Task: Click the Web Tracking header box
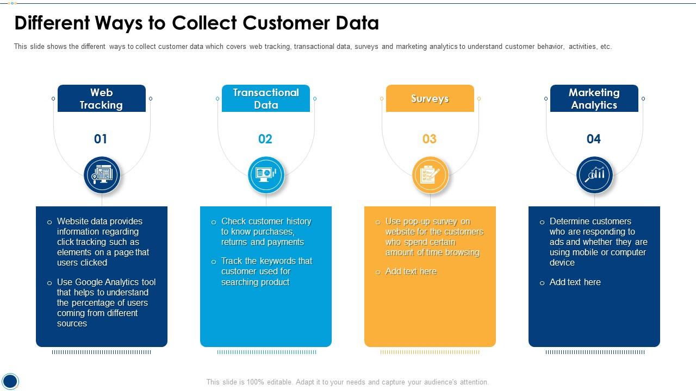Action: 102,98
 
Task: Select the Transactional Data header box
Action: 266,98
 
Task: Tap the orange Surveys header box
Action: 430,98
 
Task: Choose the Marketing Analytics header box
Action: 594,98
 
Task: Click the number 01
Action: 101,139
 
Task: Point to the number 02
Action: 265,139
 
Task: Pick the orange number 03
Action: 430,139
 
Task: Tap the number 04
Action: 593,139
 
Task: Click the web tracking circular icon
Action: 102,175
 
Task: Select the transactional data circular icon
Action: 266,175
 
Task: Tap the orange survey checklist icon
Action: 431,175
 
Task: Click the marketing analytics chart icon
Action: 595,175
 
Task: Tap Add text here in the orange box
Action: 411,272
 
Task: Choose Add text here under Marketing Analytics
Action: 575,282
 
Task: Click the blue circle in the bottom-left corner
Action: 10,381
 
